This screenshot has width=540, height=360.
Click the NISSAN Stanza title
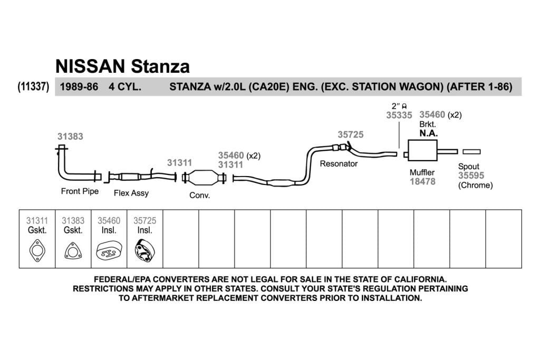pos(122,66)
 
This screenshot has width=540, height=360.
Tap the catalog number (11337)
pos(33,86)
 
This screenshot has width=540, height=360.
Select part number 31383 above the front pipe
pos(70,137)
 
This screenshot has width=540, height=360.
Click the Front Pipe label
pos(80,191)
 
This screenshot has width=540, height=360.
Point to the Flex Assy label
pos(131,193)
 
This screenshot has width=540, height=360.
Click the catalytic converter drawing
pos(204,178)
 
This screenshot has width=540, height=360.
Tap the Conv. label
pos(200,195)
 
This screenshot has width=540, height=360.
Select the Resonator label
pos(339,163)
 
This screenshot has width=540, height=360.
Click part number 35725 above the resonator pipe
pos(351,134)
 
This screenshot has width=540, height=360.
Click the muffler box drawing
pos(422,150)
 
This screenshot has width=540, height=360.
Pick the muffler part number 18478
pos(422,181)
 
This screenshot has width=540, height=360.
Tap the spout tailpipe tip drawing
pos(471,152)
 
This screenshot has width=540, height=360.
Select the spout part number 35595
pos(471,176)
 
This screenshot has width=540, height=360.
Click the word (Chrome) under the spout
pos(475,185)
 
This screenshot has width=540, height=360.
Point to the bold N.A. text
pos(428,133)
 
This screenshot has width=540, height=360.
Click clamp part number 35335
pos(399,115)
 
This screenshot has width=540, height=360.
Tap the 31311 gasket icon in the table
pos(37,250)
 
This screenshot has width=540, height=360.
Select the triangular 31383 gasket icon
pos(73,251)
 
